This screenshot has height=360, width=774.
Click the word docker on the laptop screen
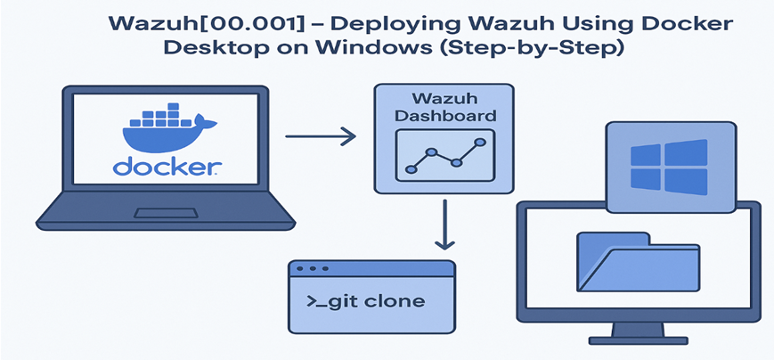pyautogui.click(x=167, y=167)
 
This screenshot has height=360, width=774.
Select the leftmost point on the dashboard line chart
pyautogui.click(x=411, y=168)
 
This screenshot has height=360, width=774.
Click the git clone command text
pyautogui.click(x=365, y=300)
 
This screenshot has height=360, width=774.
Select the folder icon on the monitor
pyautogui.click(x=632, y=262)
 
